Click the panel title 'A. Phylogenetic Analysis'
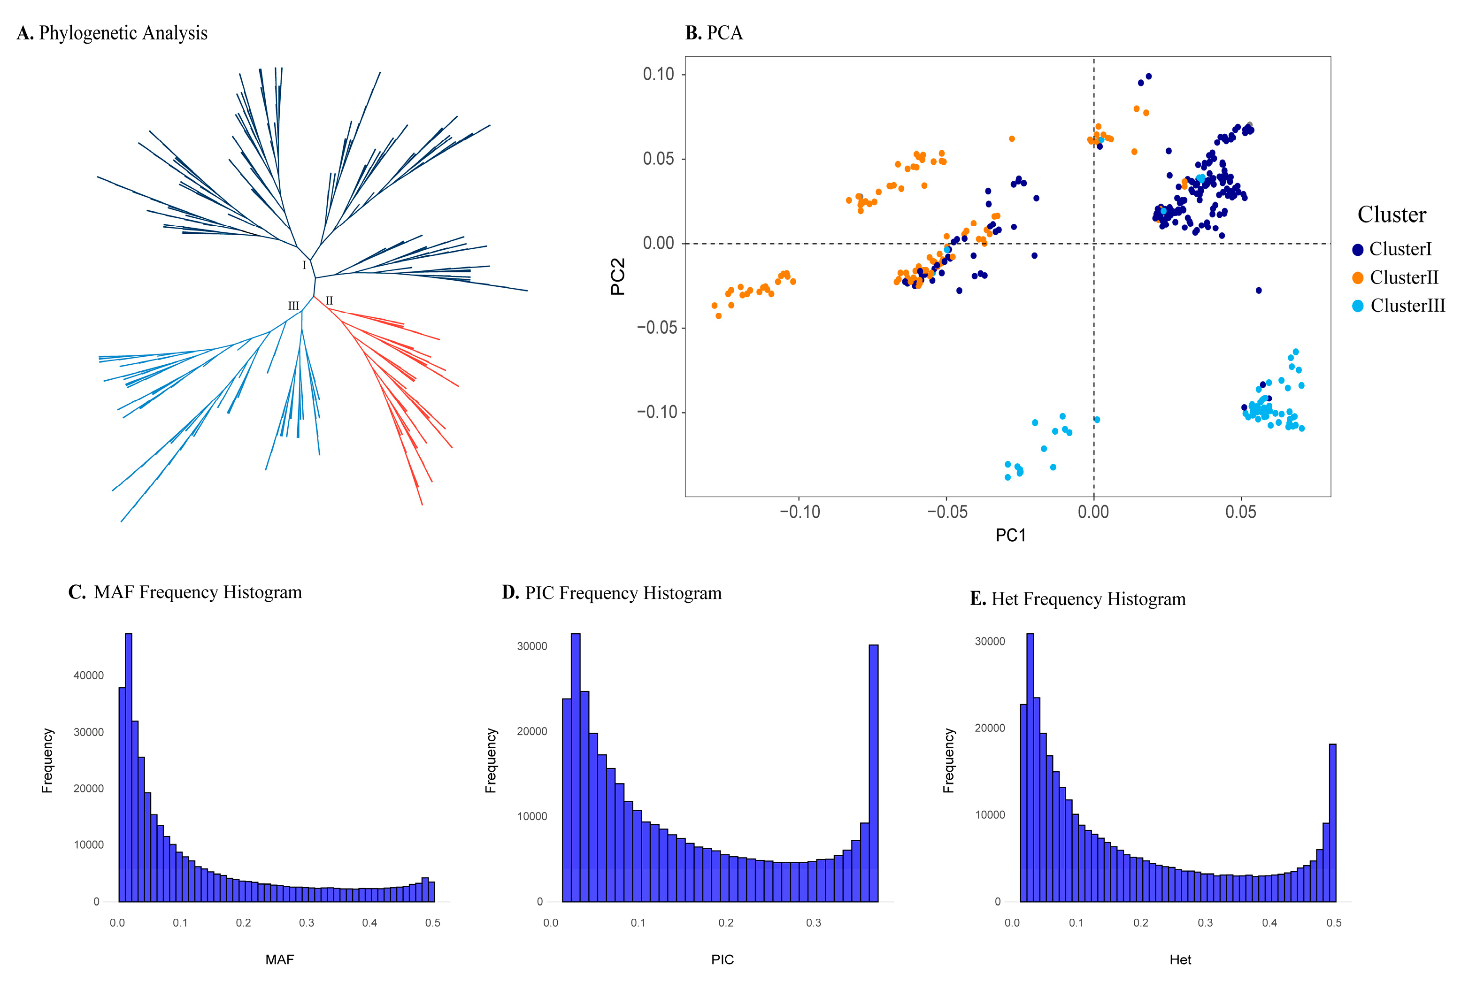(x=112, y=32)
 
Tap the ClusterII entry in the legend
(x=1403, y=277)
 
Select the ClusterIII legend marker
(x=1358, y=306)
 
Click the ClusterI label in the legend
(x=1400, y=249)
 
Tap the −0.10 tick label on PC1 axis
(x=799, y=512)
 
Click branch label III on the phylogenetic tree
(x=293, y=306)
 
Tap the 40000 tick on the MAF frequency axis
(x=88, y=675)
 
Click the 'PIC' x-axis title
(x=722, y=959)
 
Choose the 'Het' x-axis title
(x=1180, y=959)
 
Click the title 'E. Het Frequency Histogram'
(x=1077, y=599)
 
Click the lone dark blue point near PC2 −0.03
(x=1259, y=291)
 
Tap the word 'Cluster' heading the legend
(x=1392, y=215)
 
